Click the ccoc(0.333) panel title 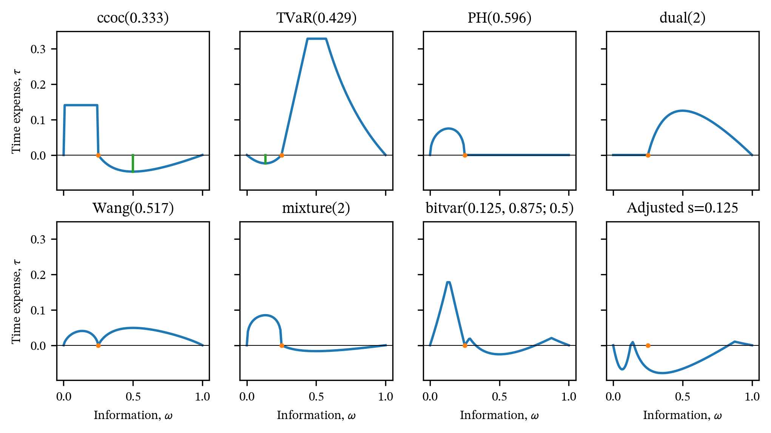(x=133, y=18)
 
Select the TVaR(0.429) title (x=316, y=18)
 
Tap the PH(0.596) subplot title (x=500, y=18)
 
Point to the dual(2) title (x=683, y=18)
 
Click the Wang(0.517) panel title (x=133, y=208)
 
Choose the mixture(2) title (x=316, y=208)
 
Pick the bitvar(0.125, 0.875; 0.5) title (x=500, y=208)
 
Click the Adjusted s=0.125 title (x=683, y=208)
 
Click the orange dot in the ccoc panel (x=98, y=155)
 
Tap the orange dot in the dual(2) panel (x=648, y=155)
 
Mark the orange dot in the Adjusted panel (x=648, y=345)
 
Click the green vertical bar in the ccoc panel (x=133, y=163)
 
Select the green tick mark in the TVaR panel (x=265, y=159)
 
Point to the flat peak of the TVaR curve (x=317, y=39)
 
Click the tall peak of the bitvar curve (x=448, y=282)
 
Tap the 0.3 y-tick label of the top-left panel (x=38, y=49)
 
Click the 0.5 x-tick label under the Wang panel (x=133, y=397)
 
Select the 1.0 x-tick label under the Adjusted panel (x=752, y=397)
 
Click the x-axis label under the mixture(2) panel (x=316, y=415)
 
